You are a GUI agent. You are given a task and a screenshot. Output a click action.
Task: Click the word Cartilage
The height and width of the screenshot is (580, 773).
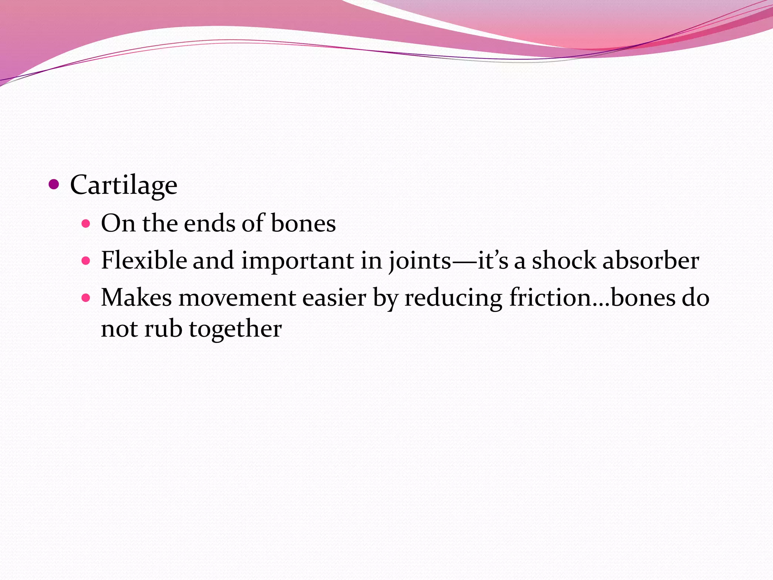[x=123, y=185]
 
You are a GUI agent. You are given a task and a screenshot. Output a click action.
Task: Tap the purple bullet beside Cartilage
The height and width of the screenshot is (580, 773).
[x=54, y=185]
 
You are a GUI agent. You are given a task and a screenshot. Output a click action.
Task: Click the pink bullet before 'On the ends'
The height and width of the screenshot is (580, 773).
[x=86, y=224]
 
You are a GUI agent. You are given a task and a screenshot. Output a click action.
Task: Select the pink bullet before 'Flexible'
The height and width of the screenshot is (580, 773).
[x=86, y=261]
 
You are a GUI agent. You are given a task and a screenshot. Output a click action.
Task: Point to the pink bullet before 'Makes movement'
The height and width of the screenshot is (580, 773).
[x=86, y=298]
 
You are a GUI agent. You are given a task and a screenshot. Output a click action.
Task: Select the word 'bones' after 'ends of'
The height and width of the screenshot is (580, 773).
[x=303, y=223]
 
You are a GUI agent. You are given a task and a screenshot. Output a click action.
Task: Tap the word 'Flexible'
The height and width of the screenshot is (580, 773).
[x=144, y=261]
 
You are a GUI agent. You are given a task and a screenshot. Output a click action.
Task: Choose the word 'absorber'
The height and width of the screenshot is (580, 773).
[x=651, y=261]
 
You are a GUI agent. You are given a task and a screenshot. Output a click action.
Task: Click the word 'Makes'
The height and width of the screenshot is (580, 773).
[x=136, y=298]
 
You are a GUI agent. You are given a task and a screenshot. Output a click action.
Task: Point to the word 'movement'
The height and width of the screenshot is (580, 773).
[x=237, y=298]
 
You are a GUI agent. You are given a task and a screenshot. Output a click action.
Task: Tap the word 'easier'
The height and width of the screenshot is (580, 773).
[x=334, y=298]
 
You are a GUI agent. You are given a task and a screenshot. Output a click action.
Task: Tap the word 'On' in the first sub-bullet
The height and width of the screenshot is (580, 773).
[x=118, y=223]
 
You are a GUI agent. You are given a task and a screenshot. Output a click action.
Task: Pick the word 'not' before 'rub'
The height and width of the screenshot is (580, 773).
[x=119, y=329]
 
